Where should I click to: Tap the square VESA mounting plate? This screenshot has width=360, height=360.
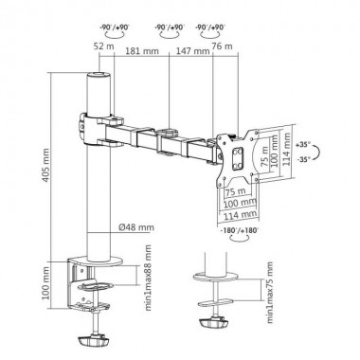[x=236, y=150]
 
